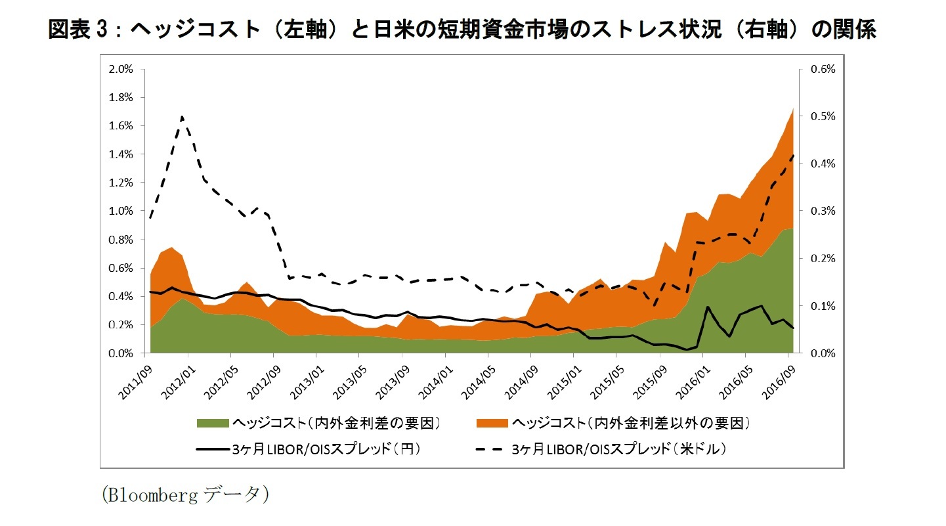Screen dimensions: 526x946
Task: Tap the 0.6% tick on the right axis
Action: (822, 69)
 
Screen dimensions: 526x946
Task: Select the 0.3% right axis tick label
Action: (822, 211)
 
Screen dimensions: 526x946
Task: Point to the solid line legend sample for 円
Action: (213, 450)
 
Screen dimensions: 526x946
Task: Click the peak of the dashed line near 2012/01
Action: (182, 117)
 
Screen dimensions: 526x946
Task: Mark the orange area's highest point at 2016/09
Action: (794, 108)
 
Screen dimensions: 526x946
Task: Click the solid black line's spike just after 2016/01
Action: (708, 307)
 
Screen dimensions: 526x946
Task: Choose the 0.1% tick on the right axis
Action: (822, 306)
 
